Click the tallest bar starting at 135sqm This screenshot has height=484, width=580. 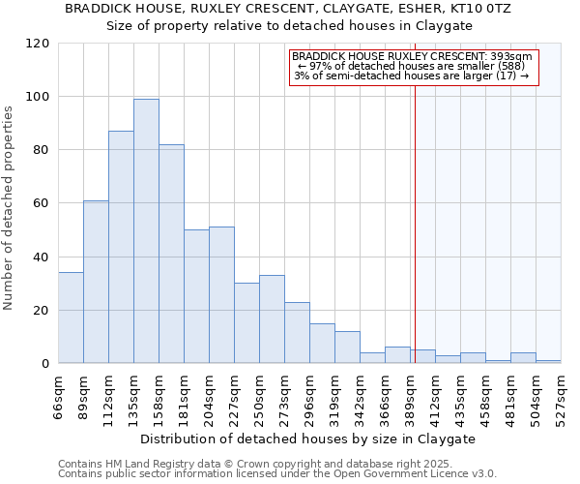click(146, 231)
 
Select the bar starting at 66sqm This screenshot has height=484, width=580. click(71, 318)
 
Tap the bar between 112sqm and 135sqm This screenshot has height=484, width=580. click(121, 247)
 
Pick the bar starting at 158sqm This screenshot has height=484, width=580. click(171, 254)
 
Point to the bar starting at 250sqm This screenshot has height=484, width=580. click(272, 319)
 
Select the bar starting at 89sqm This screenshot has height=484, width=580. click(96, 282)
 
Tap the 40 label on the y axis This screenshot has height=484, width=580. click(43, 257)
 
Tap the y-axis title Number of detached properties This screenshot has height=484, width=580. click(10, 208)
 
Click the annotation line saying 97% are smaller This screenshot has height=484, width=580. click(411, 66)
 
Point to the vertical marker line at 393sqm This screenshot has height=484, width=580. click(415, 242)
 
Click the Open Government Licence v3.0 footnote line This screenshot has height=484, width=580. click(277, 474)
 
